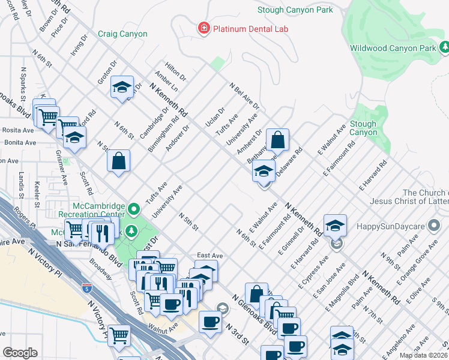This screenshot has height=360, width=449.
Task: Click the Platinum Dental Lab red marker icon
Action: point(204,28)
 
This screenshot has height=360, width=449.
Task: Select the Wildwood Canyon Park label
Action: point(393,48)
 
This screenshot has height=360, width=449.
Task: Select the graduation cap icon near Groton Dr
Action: point(122,88)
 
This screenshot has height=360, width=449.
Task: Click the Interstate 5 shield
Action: point(87,288)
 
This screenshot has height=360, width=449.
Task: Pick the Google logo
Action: point(20,353)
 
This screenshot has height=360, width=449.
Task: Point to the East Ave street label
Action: point(209,256)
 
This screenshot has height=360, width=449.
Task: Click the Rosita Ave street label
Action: point(18,130)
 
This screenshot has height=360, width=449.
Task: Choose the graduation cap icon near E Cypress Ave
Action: point(335,225)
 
